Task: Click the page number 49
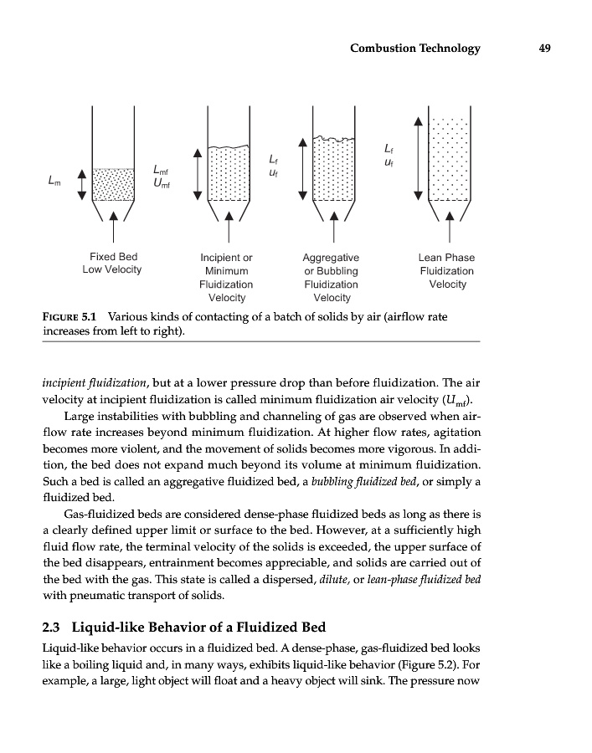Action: tap(544, 48)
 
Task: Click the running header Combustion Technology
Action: tap(415, 48)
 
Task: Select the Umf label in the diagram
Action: tap(161, 184)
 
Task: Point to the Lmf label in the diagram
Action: tap(161, 172)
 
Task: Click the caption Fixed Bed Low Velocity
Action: tap(112, 264)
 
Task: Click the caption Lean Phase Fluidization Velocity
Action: tap(446, 271)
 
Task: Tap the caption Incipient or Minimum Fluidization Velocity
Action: tap(226, 278)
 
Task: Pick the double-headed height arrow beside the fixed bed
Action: tap(81, 184)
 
